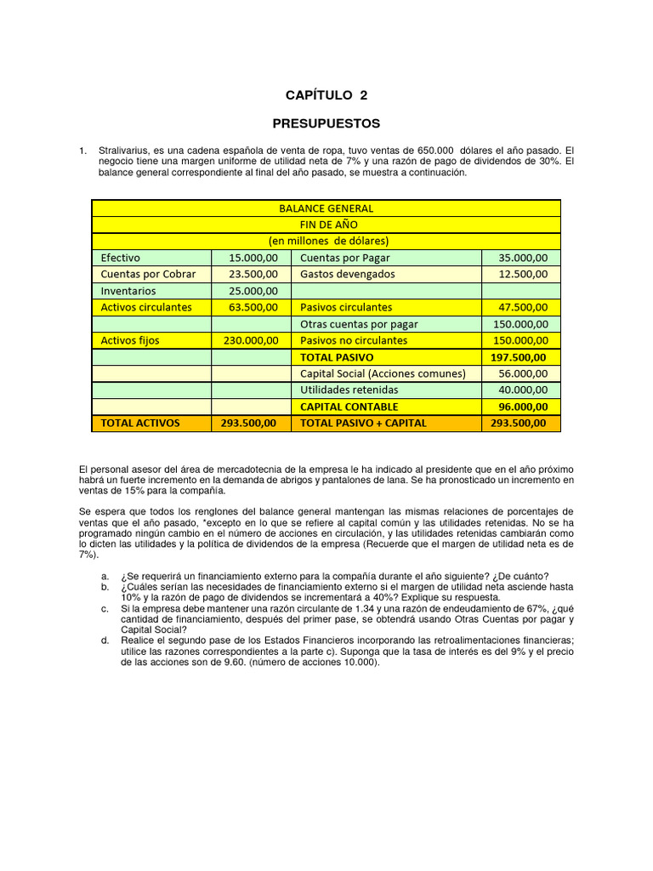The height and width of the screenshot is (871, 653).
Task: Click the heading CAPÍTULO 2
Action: (326, 95)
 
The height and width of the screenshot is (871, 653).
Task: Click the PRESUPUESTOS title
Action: (326, 123)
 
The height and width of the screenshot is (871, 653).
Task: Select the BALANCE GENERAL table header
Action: (326, 208)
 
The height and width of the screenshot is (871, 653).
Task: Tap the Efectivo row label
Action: (121, 258)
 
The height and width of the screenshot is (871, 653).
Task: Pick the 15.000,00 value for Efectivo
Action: (253, 258)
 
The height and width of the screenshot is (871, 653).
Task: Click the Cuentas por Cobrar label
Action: (148, 274)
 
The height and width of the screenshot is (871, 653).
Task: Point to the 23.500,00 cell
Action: (253, 274)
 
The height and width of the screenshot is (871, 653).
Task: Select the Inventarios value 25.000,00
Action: (253, 290)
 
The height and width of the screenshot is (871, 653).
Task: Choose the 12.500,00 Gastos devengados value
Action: (521, 274)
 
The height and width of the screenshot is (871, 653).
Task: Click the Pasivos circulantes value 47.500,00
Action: (521, 307)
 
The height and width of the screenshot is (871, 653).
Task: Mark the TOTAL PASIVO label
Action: (337, 357)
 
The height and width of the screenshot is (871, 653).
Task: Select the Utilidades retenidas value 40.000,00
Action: (521, 390)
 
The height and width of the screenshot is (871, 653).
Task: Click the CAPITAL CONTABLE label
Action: (349, 407)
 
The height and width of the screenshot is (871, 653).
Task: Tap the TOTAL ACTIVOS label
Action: (140, 423)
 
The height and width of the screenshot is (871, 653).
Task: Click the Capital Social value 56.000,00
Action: (521, 373)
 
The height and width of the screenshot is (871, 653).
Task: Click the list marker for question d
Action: (104, 640)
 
